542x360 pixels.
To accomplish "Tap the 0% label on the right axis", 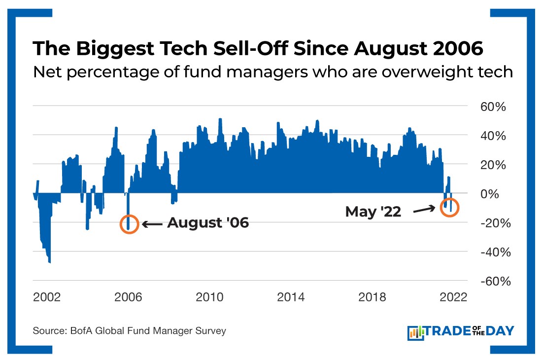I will click(491, 194).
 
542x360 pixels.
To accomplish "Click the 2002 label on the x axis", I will click(47, 297).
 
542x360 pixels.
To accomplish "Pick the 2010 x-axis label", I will click(209, 297).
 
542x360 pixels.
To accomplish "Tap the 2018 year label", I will click(372, 297).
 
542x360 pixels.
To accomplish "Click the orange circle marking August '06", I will click(129, 224).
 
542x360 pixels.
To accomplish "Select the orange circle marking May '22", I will click(449, 207).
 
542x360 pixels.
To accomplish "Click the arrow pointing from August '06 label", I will click(152, 224).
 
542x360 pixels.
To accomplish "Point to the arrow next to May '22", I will click(424, 210).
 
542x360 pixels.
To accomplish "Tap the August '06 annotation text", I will click(208, 223).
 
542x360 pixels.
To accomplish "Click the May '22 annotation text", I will click(373, 212).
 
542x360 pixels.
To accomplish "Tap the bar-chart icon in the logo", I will click(416, 332).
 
